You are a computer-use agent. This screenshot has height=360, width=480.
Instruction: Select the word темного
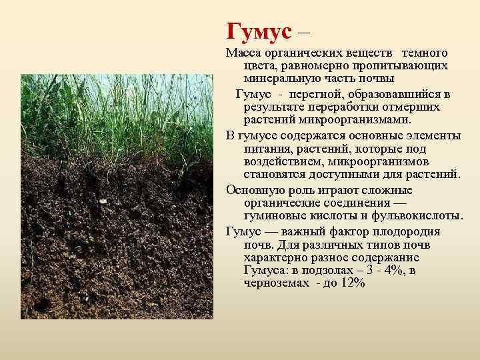click(425, 53)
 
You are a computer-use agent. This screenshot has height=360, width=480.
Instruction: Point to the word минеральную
click(286, 77)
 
